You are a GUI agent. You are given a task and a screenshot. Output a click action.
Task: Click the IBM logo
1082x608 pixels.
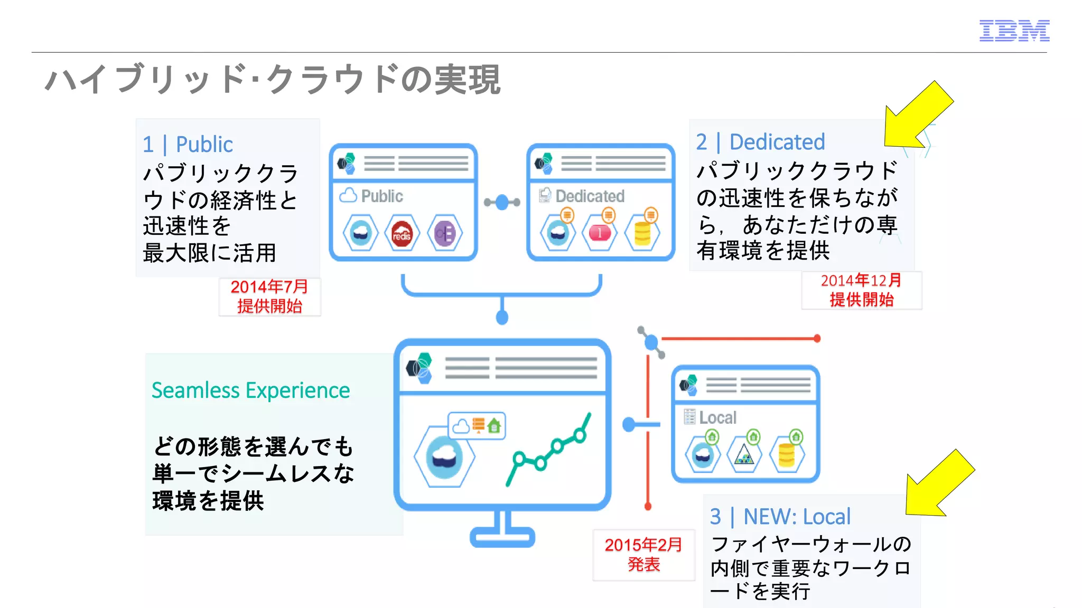pos(1014,31)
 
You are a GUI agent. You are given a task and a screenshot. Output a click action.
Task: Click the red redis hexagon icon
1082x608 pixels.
pos(402,233)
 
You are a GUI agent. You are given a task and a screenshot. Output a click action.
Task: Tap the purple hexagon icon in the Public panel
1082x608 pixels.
pos(445,233)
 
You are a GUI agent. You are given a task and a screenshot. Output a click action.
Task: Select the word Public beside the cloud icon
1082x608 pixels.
pos(382,196)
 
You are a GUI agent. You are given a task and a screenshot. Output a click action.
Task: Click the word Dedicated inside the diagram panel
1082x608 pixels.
pos(590,196)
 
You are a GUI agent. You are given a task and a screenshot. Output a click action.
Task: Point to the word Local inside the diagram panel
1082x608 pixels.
pos(717,418)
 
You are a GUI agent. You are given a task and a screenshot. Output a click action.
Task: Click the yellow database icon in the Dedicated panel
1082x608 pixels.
pos(642,233)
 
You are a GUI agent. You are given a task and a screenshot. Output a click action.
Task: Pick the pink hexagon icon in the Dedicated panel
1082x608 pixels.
pos(600,233)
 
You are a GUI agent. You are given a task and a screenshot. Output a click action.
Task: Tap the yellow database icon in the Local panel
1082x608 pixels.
pos(787,455)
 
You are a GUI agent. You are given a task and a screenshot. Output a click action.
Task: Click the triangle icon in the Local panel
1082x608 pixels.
pos(744,455)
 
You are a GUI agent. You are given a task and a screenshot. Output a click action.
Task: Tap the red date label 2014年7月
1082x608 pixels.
pos(269,287)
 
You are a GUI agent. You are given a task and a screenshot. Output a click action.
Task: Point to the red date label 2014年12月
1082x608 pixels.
pos(861,281)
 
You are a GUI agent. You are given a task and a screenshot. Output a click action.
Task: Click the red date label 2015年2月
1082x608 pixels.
pos(643,545)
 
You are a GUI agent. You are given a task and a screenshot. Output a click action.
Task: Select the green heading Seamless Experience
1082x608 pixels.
pos(250,391)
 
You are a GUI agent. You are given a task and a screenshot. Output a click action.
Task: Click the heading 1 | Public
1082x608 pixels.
pos(188,145)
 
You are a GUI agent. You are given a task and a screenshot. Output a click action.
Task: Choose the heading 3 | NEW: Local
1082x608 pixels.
pos(780,517)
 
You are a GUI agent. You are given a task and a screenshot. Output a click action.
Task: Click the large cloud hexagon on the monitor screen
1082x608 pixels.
pos(444,457)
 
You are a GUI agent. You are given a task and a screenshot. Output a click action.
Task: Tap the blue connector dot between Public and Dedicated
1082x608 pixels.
pos(502,202)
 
